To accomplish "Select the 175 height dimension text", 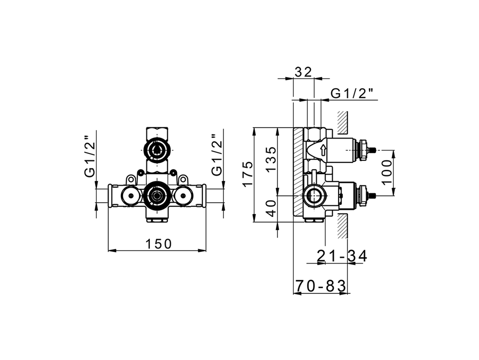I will point(247,174).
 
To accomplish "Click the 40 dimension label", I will point(271,208).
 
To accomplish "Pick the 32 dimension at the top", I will point(303,72).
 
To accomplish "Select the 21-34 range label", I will point(342,256).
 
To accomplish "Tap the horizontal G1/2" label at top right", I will point(353,94).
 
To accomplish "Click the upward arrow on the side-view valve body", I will point(323,150).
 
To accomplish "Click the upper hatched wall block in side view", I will point(342,123).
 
